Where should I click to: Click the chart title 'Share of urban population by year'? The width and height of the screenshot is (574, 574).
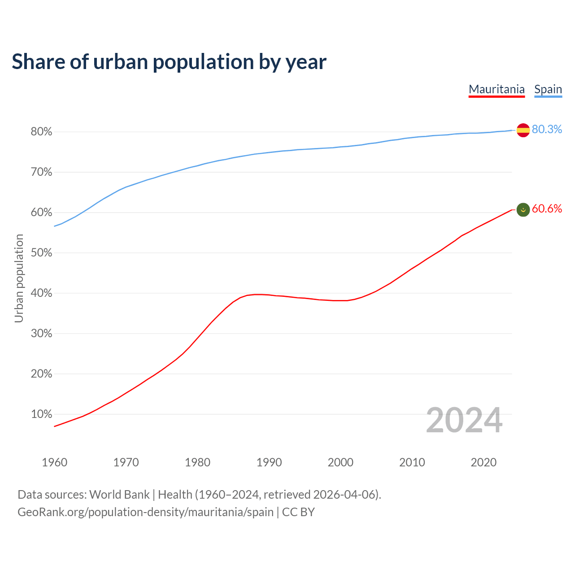coord(169,62)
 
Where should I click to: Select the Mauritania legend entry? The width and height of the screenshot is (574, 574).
coord(496,89)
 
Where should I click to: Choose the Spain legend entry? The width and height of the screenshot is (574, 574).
coord(548,89)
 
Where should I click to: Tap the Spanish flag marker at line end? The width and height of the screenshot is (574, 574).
coord(523,130)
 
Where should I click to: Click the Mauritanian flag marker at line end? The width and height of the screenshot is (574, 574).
coord(523,209)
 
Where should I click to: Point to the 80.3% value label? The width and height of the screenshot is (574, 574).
coord(547,130)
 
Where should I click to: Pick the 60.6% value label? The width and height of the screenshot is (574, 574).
coord(547,209)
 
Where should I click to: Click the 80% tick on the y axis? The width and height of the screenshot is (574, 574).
coord(41,132)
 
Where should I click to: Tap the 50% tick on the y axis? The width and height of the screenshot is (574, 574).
coord(41,253)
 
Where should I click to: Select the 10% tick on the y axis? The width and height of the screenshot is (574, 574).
coord(41,414)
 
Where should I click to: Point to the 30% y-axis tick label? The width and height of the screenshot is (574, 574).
coord(41,334)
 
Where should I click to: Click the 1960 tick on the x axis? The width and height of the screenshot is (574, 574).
coord(54,462)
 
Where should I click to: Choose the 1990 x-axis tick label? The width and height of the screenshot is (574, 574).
coord(269,462)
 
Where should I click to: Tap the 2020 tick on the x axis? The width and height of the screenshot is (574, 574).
coord(483,462)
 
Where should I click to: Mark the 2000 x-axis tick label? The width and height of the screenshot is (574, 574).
coord(340,462)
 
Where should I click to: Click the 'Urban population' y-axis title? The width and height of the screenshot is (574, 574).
coord(19,278)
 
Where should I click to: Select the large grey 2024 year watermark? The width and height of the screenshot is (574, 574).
coord(464,420)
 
